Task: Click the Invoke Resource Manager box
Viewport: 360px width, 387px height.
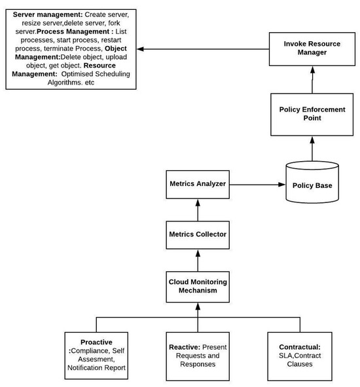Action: coord(312,48)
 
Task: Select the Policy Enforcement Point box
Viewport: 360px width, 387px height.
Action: coord(312,113)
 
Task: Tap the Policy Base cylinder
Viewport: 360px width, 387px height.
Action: coord(312,185)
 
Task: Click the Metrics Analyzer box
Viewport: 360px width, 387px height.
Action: coord(197,184)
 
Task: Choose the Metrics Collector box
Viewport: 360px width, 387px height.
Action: coord(197,234)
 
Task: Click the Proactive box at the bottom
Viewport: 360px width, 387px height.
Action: coord(97,356)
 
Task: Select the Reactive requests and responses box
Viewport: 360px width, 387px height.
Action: coord(197,356)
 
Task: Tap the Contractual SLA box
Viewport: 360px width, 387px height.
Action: coord(298,356)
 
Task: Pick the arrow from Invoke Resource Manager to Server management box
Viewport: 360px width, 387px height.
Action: coord(203,49)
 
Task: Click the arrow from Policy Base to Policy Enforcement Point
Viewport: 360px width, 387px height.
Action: coord(312,149)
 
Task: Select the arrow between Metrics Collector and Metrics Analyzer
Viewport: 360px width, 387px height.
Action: coord(197,209)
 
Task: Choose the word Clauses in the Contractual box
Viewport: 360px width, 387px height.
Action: coord(297,365)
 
